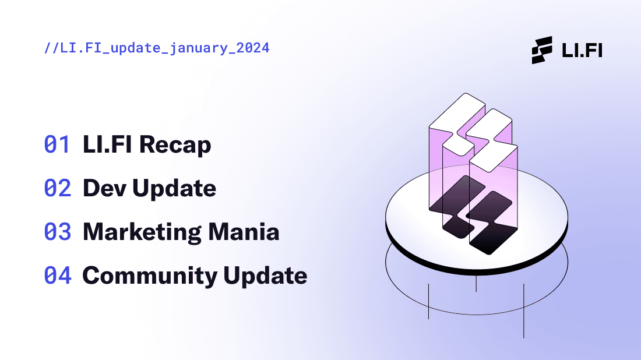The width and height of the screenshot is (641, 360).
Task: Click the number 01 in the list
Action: coord(57,144)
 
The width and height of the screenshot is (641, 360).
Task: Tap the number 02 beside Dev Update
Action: coord(57,188)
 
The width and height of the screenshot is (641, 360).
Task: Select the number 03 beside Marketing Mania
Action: coord(57,232)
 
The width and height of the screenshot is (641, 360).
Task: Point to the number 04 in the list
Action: coord(58,276)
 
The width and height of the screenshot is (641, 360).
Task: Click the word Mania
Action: coord(244,232)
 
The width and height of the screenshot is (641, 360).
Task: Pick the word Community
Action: coord(150,276)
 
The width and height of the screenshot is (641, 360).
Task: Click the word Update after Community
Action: coord(265,276)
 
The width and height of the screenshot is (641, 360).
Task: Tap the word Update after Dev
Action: coord(174,189)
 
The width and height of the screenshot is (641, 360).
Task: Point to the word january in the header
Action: coord(198,48)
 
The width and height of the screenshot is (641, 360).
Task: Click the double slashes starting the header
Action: coord(51,48)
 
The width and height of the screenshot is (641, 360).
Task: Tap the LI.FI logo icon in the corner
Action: coord(542,50)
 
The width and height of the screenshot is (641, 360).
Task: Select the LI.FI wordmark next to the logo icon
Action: coord(582,50)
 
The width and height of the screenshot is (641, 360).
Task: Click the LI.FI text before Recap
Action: coord(108,144)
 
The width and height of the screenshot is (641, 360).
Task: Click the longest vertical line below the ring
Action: coord(524,311)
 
